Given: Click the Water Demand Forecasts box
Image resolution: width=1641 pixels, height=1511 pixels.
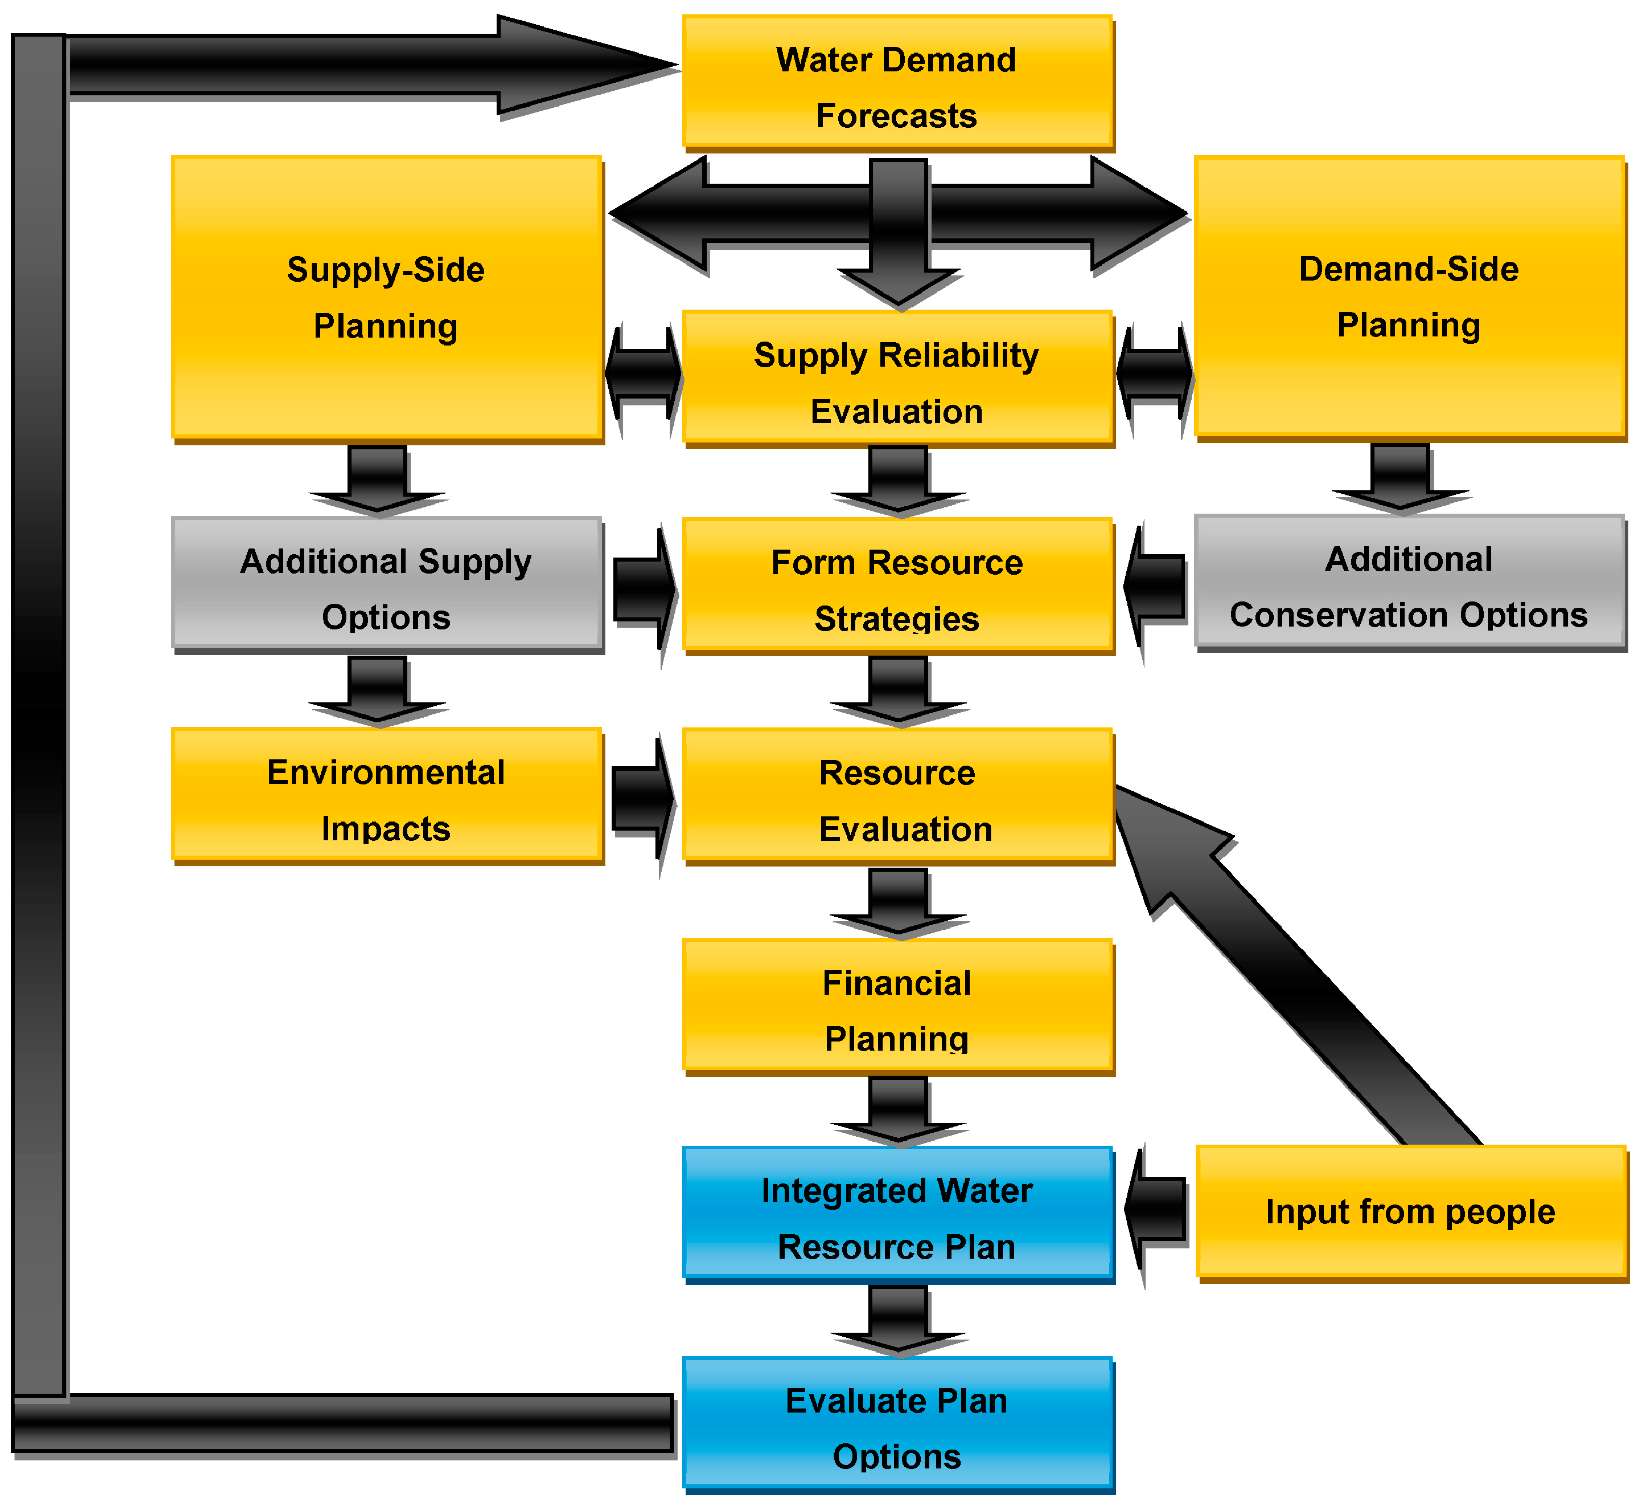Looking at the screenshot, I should (x=897, y=84).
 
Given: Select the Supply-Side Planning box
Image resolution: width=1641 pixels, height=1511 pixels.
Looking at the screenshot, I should (x=386, y=298).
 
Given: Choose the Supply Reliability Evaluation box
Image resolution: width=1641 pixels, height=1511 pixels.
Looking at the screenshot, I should (x=897, y=379).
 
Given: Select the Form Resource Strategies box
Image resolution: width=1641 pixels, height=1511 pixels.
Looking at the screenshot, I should (x=897, y=586).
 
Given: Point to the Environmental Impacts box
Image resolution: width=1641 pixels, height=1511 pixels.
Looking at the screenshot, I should (x=386, y=796).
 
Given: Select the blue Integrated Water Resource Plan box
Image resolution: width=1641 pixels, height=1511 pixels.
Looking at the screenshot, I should (x=897, y=1214).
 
